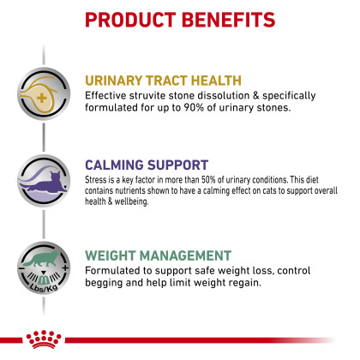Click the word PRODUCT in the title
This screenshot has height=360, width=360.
pos(130,20)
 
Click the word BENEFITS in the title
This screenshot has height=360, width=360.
pos(228,20)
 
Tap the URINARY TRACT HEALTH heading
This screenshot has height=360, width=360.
pos(163,81)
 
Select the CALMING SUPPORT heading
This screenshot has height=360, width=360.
pos(147,165)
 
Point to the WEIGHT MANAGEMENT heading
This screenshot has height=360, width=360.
pos(158,255)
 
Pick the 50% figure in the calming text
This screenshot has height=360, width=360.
pos(208,180)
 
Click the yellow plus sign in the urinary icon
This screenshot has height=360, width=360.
pos(42,99)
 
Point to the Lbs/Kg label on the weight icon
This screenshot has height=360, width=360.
pos(44,287)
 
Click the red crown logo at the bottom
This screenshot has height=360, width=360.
pos(44,339)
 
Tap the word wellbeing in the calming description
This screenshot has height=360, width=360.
pos(131,201)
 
